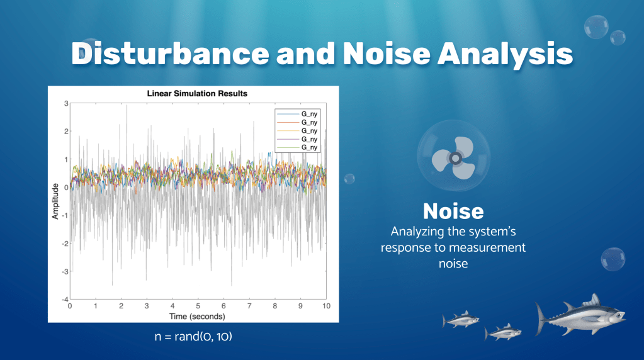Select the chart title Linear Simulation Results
197,93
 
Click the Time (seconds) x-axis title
198,316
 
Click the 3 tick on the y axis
65,103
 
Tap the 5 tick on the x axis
198,306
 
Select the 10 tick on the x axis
325,306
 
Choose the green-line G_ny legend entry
298,147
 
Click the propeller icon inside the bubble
452,159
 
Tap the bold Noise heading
453,211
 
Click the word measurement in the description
487,247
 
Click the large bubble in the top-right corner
596,26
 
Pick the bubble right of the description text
612,259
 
